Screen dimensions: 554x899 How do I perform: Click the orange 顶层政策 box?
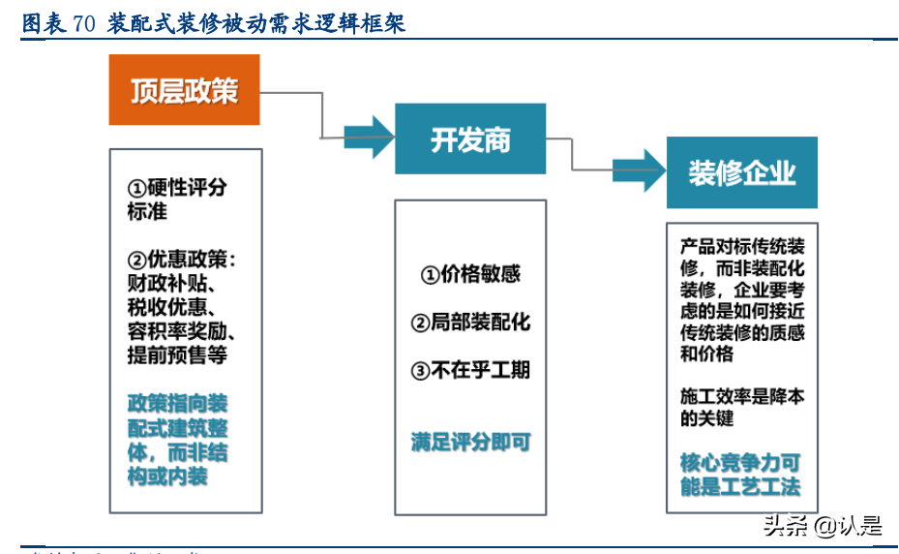184,90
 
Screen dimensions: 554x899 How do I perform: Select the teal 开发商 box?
470,139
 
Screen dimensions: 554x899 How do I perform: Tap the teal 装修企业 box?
741,172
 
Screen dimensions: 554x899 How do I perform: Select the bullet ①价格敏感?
470,275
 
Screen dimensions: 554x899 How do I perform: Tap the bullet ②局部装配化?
470,323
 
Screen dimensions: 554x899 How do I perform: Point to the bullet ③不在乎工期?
470,370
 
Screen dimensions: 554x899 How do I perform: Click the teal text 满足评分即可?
470,443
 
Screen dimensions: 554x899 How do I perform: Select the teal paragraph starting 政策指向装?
177,439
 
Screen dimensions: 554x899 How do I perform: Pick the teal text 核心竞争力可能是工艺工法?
740,475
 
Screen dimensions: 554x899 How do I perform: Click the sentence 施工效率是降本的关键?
741,408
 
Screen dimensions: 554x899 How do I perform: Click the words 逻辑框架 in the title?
366,24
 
